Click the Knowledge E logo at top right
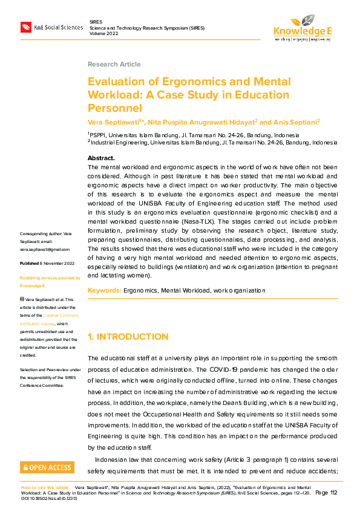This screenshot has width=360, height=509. [x=303, y=27]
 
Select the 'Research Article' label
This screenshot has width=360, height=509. [x=114, y=64]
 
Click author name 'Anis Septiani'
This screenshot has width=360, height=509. [x=298, y=122]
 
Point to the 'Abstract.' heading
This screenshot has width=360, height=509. [x=101, y=158]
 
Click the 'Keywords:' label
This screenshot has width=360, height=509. [x=104, y=291]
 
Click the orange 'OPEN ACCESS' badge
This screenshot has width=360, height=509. [x=47, y=467]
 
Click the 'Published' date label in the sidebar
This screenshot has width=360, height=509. [x=29, y=264]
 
